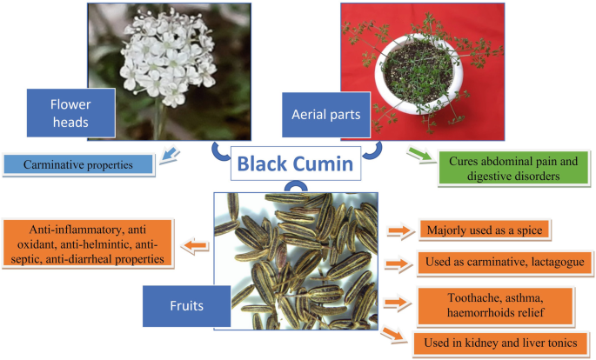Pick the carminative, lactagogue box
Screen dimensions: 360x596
[x=504, y=263]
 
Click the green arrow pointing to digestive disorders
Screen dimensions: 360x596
[x=419, y=157]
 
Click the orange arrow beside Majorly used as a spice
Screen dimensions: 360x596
[x=396, y=231]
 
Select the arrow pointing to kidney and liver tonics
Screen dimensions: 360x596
[x=397, y=334]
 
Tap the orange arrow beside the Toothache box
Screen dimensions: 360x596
[x=396, y=303]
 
